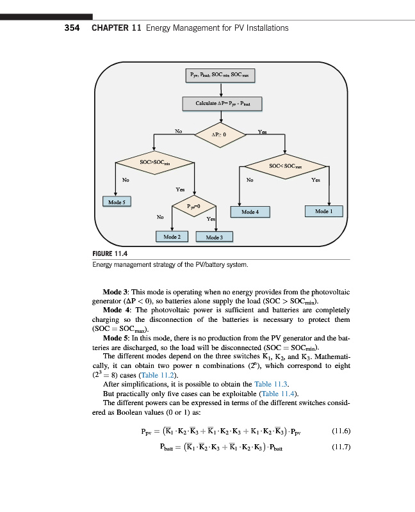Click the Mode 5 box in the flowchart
(117, 202)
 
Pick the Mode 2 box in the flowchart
(171, 237)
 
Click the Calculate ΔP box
(221, 103)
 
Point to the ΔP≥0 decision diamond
(221, 135)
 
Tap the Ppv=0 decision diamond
(194, 207)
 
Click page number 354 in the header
(70, 28)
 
